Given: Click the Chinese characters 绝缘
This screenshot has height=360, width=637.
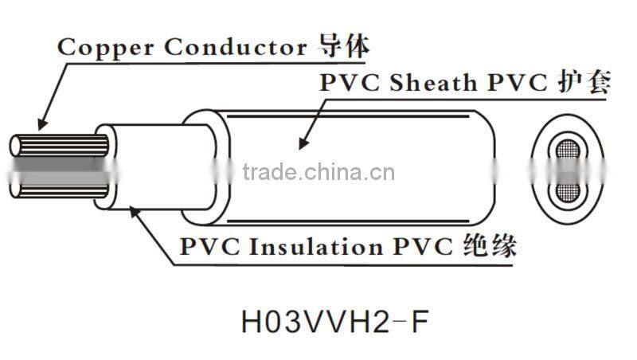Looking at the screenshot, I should pos(489,247).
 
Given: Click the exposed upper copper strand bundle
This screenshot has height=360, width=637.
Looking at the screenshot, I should pos(60,148).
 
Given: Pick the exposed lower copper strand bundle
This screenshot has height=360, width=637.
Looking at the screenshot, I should pos(60,188).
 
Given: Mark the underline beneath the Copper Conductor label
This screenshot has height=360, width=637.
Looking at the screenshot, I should pos(215,62).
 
